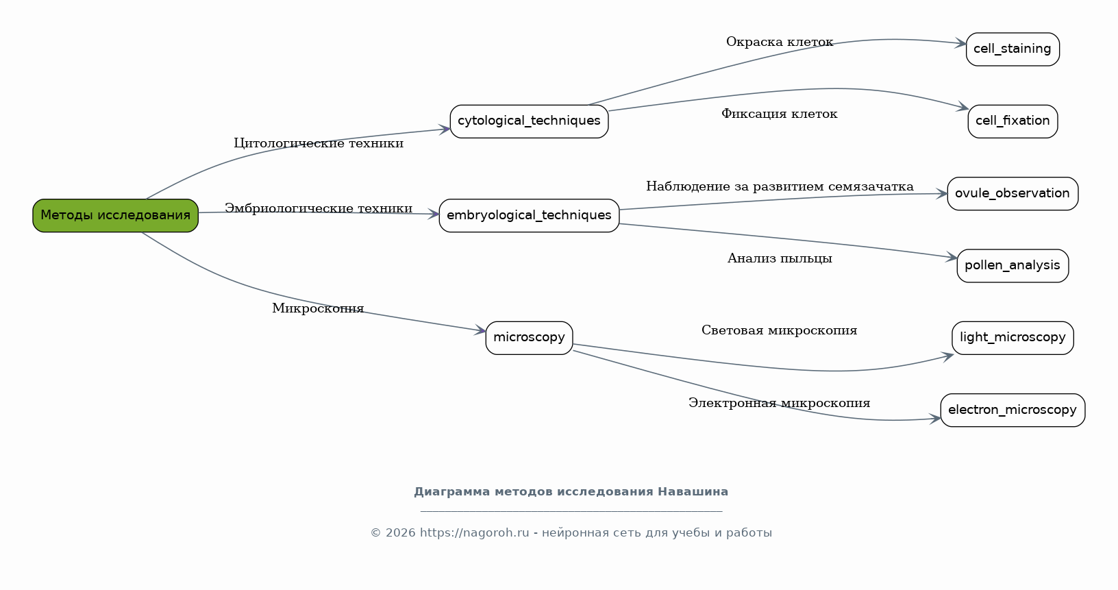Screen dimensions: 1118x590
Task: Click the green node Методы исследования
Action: coord(115,216)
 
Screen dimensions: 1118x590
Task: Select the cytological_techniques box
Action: coord(529,121)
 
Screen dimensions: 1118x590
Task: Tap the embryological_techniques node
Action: coord(529,216)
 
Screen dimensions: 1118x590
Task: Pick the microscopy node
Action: coord(529,338)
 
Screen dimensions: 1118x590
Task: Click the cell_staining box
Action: coord(1013,49)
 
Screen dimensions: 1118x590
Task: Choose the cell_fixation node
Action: coord(1013,121)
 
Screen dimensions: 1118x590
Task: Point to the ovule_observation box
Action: coord(1013,194)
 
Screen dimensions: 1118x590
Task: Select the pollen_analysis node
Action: coord(1013,266)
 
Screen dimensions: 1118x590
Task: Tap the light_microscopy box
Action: coord(1013,338)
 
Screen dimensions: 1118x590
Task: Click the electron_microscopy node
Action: coord(1013,410)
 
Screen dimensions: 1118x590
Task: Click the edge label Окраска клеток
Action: coord(780,42)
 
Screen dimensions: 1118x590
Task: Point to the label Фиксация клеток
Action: coord(780,114)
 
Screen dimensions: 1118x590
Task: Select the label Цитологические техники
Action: coord(319,143)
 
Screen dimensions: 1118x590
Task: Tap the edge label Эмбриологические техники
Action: coord(319,208)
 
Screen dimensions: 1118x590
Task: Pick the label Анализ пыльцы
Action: coord(780,258)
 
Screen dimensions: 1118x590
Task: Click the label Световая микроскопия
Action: coord(780,330)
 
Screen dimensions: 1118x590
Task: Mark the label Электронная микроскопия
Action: coord(780,403)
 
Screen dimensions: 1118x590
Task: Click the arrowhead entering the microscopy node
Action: coord(481,330)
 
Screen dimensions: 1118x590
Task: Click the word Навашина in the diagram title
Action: coord(693,492)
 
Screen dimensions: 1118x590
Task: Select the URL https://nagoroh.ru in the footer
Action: coord(474,532)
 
